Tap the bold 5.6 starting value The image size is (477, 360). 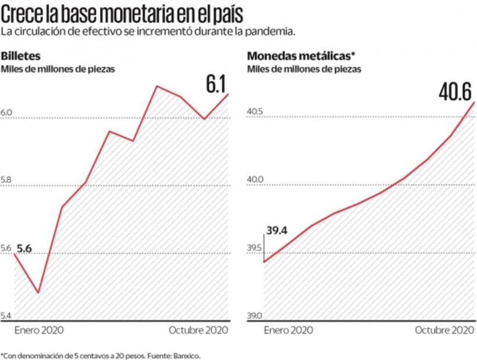click(24, 249)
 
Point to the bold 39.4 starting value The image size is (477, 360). click(277, 231)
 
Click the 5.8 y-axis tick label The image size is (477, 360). click(7, 181)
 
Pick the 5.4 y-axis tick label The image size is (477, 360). click(7, 316)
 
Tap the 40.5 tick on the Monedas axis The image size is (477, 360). click(255, 111)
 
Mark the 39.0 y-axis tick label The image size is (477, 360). click(255, 316)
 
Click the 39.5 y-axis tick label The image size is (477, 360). click(255, 249)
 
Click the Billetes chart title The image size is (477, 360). click(20, 56)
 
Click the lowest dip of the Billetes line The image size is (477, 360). click(38, 293)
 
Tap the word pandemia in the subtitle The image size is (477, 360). click(274, 31)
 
